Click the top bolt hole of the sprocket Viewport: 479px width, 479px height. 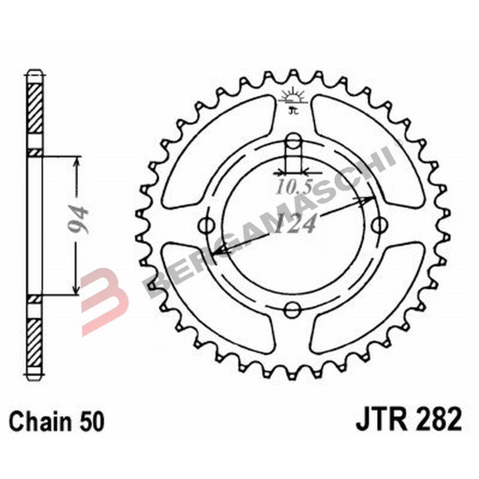(293, 143)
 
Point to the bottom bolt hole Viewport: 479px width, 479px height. (293, 309)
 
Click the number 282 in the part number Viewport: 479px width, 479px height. (438, 419)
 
